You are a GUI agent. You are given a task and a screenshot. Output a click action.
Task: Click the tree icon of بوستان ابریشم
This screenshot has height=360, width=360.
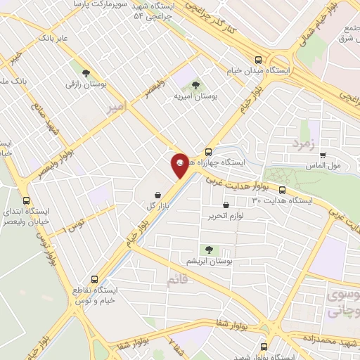click(x=208, y=249)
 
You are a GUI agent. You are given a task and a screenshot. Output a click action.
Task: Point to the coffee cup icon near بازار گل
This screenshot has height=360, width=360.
click(x=157, y=193)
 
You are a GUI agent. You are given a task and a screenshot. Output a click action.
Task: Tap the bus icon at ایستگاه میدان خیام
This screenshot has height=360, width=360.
click(x=259, y=60)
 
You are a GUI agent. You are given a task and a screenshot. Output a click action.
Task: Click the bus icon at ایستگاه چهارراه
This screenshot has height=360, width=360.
click(x=208, y=152)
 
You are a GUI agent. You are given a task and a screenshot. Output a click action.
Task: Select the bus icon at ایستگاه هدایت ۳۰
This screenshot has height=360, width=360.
click(x=282, y=190)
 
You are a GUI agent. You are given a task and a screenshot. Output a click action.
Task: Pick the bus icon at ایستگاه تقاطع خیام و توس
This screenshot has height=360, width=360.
click(x=96, y=279)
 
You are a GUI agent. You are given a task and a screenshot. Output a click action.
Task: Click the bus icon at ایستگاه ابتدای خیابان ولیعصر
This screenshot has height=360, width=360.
click(x=26, y=200)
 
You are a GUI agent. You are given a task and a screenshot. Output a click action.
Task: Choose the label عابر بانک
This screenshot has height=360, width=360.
click(x=53, y=37)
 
